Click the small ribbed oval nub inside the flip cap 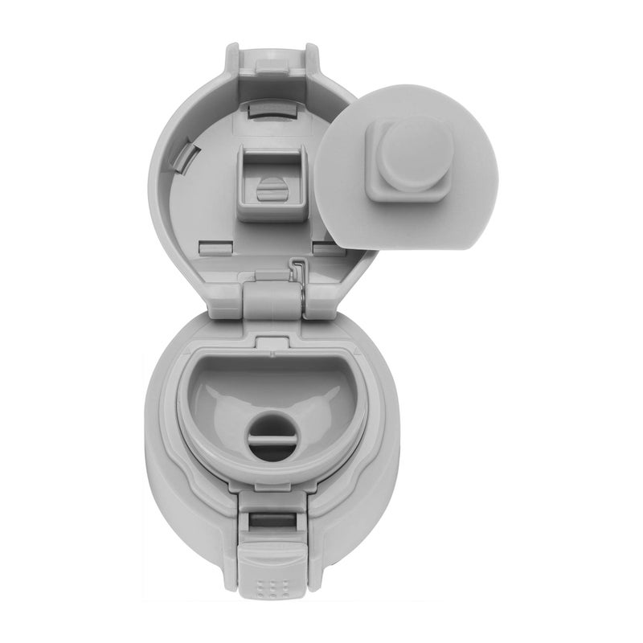pyautogui.click(x=272, y=190)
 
